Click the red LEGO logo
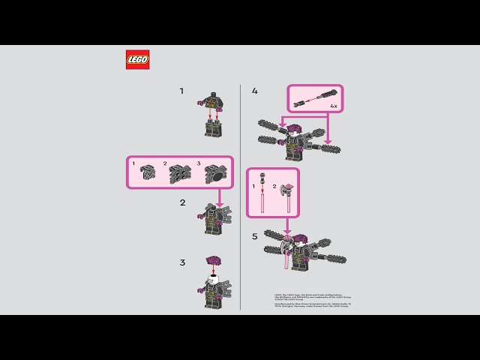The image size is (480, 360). [x=137, y=60]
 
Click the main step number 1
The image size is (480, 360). [x=181, y=91]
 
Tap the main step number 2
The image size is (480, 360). [x=181, y=202]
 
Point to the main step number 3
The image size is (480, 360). [x=181, y=262]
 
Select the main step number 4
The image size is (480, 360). [x=255, y=91]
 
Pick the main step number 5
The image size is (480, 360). [x=255, y=236]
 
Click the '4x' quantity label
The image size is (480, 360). [x=333, y=106]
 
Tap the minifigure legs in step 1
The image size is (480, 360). [x=214, y=127]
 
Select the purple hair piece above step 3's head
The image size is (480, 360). [x=211, y=262]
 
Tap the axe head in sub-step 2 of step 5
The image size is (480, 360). [x=286, y=192]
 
